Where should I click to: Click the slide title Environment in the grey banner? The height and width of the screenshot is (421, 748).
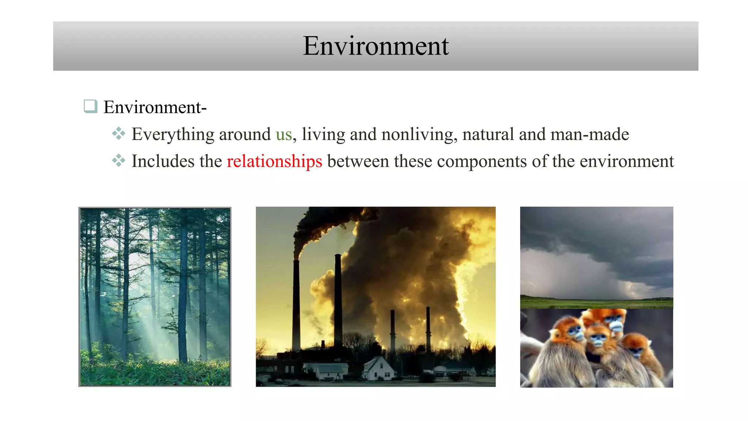tap(375, 46)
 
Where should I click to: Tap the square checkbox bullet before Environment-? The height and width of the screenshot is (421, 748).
tap(90, 106)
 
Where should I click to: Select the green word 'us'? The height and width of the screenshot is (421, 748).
tap(284, 134)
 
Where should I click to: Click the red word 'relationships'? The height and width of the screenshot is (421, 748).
tap(274, 162)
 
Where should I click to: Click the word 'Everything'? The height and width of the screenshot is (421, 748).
tap(173, 134)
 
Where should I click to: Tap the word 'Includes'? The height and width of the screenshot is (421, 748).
tap(163, 162)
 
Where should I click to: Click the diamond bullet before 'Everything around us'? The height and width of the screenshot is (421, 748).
tap(119, 133)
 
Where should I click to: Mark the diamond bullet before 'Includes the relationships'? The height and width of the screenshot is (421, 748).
tap(119, 160)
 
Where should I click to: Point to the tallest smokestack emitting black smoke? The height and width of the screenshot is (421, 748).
tap(296, 303)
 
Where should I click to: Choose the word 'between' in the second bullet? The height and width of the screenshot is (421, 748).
tap(358, 162)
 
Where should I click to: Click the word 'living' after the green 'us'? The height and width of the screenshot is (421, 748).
tap(323, 134)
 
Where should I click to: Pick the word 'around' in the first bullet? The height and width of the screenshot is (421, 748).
tap(245, 134)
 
